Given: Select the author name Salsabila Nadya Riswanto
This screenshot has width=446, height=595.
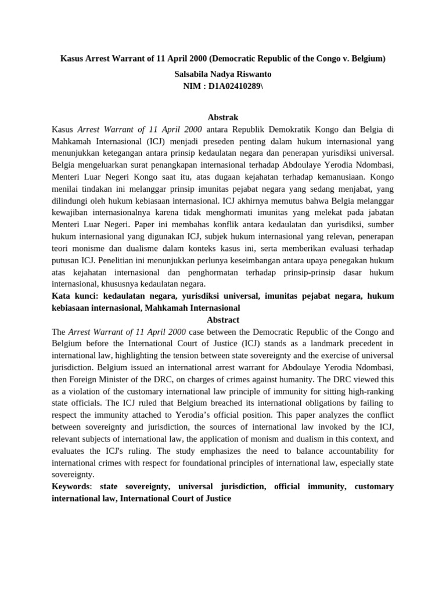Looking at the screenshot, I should pyautogui.click(x=222, y=74).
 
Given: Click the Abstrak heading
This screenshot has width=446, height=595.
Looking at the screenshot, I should pyautogui.click(x=222, y=117).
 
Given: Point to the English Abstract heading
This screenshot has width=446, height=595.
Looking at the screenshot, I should pyautogui.click(x=223, y=320).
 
